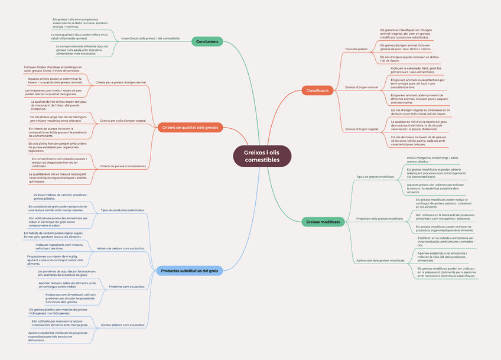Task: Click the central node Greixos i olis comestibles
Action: pos(262,157)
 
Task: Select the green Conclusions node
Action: pos(207,41)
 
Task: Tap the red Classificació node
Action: pos(317,90)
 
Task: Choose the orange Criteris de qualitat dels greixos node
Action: pos(190,128)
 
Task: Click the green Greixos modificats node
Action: pos(323,222)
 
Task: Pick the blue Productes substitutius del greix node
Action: pos(190,271)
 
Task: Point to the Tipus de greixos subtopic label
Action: pos(356,49)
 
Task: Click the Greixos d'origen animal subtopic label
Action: pos(361,87)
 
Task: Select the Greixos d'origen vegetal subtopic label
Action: pos(361,129)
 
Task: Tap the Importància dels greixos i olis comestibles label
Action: pos(150,38)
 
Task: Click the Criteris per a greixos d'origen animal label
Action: pos(121,82)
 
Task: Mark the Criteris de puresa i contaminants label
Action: pos(123,166)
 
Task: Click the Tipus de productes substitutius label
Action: pos(123,210)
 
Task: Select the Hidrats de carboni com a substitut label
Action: pos(121,248)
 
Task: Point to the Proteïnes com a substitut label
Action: pos(127,287)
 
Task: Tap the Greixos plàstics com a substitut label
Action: pos(122,325)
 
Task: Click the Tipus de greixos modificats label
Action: pos(375,177)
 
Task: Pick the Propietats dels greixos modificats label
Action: pos(379,219)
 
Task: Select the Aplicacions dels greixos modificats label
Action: pos(380,261)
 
